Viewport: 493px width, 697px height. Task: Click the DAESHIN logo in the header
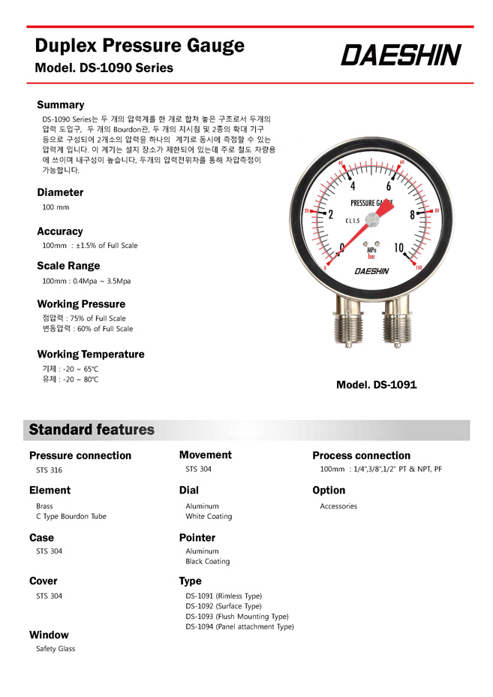click(x=401, y=55)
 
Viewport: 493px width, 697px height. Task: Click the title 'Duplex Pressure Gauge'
click(x=140, y=45)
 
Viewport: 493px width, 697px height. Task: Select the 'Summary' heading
click(x=61, y=104)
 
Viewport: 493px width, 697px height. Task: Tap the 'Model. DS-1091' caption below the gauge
click(x=376, y=385)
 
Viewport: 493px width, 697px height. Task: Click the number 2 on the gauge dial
click(x=330, y=214)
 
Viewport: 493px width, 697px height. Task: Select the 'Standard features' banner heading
click(x=92, y=430)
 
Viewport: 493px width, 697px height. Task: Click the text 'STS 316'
click(x=50, y=470)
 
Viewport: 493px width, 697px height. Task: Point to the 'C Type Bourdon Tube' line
click(x=71, y=516)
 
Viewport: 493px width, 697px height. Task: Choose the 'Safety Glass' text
click(x=56, y=648)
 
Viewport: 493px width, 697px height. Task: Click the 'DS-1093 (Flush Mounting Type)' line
click(x=237, y=616)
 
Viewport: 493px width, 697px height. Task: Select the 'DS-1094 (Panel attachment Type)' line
click(x=239, y=626)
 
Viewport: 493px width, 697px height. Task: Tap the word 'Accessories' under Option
click(x=338, y=506)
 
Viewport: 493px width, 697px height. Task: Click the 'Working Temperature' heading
click(x=91, y=354)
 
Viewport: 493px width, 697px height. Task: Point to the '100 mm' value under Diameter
click(x=56, y=207)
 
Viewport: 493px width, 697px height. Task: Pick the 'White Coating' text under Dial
click(x=209, y=516)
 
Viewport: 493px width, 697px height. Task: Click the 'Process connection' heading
click(x=361, y=455)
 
